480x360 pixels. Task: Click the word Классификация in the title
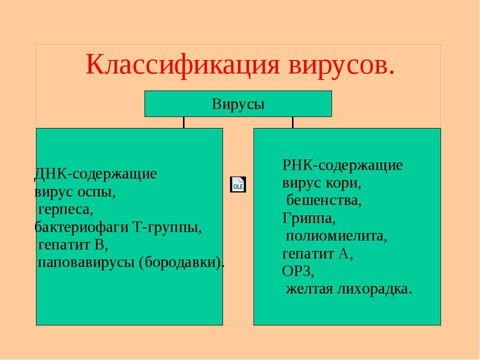pos(183,65)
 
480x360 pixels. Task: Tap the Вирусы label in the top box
pos(238,104)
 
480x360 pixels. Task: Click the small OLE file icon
pos(238,184)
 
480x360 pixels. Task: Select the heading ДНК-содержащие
pos(95,174)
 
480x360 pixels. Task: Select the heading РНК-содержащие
pos(342,165)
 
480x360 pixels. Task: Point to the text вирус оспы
pos(74,192)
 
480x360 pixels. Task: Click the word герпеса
pos(65,210)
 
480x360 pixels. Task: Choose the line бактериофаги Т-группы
pos(118,227)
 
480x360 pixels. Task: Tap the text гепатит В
pos(73,245)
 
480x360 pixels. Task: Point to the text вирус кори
pos(321,183)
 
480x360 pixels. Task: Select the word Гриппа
pos(308,218)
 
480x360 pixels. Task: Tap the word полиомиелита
pos(336,236)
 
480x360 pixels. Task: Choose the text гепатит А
pos(317,254)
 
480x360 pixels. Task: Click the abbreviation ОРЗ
pos(297,271)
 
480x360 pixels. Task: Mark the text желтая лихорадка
pos(349,289)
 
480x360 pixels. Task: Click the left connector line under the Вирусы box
pos(183,122)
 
